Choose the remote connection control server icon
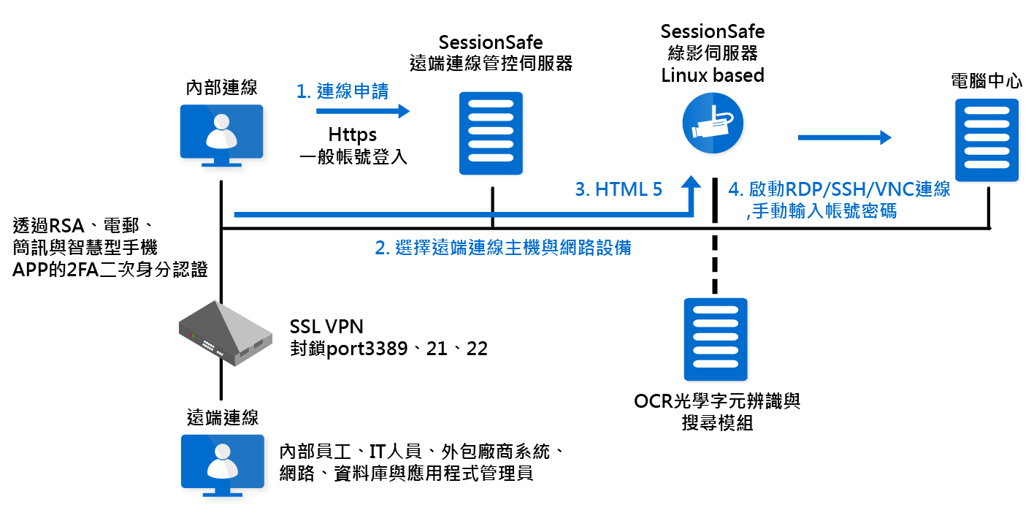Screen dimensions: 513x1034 [491, 134]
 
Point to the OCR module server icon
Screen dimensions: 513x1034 [715, 340]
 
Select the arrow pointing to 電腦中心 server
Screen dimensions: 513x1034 [844, 137]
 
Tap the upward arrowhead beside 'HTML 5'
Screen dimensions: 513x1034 [692, 183]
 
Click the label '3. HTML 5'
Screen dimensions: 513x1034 [619, 190]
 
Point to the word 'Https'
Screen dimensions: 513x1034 [353, 135]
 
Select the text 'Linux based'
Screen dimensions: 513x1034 [713, 75]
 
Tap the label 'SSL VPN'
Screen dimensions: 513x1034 [326, 326]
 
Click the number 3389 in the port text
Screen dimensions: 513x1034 [395, 348]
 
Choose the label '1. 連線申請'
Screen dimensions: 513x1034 [342, 91]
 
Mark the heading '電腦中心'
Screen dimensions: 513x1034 [987, 81]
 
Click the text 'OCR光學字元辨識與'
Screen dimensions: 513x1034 [717, 402]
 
